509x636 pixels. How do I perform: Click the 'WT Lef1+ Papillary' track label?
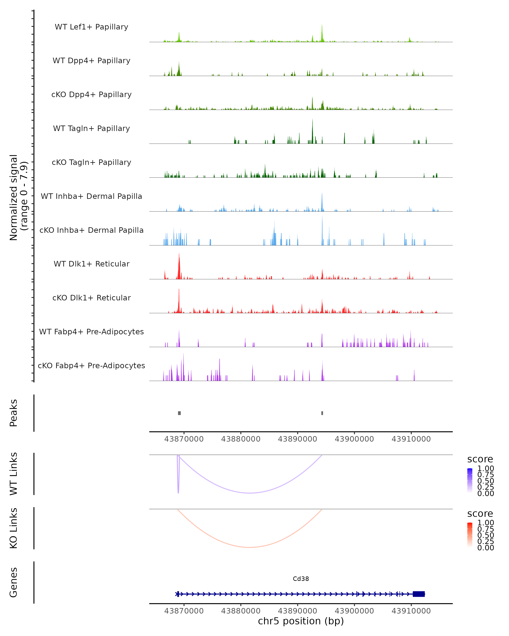point(91,27)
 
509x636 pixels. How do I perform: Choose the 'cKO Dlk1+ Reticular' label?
point(91,298)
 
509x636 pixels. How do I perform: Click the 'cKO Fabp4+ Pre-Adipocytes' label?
point(91,365)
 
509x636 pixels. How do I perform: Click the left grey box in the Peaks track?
point(179,413)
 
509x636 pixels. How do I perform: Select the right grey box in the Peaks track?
point(322,413)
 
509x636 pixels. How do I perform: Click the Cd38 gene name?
point(301,579)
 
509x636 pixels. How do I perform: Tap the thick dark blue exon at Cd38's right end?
point(419,594)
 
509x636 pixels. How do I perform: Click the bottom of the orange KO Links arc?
point(250,547)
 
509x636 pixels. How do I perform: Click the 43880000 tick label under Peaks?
point(241,439)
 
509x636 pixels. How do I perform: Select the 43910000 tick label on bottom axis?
point(411,611)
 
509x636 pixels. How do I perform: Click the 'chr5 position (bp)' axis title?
point(301,621)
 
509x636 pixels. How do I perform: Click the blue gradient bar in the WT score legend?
point(470,481)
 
